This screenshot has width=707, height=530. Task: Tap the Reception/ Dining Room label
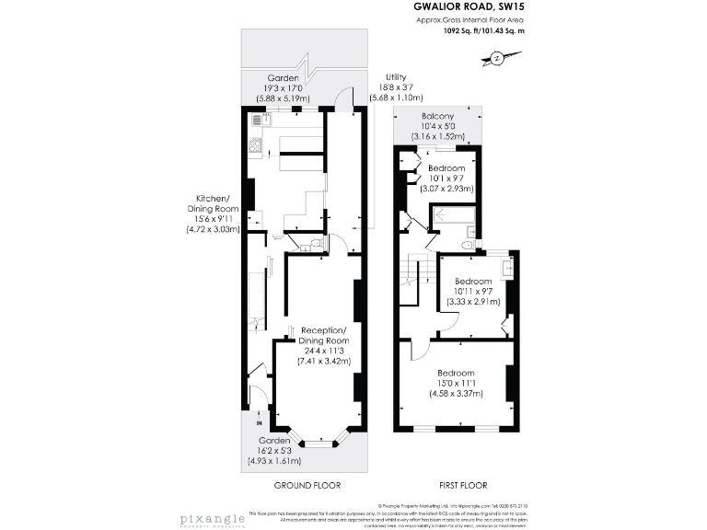coord(323,336)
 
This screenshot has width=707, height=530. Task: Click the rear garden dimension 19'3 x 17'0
coord(286,88)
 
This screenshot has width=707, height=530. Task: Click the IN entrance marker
coord(260,424)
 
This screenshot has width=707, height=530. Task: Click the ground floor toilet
coord(315,244)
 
